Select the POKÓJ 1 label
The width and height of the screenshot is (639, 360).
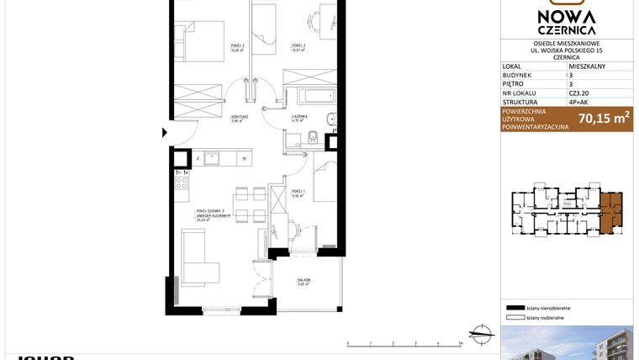(298, 193)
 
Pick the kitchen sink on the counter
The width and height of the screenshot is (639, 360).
(211, 156)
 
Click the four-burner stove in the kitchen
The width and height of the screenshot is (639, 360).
(180, 181)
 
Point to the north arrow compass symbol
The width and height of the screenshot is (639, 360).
(481, 336)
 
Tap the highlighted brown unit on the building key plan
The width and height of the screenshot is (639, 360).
(611, 210)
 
